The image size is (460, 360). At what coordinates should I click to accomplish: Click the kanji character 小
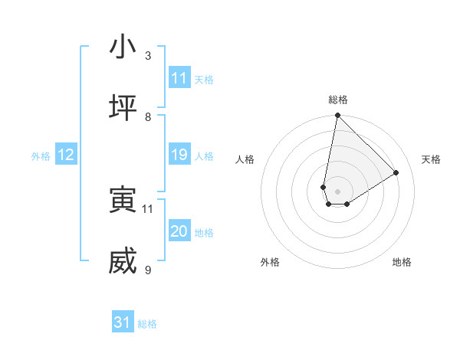point(123,47)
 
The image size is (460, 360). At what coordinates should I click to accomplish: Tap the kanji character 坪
point(123,108)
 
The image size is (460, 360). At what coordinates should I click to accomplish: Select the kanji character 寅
point(123,201)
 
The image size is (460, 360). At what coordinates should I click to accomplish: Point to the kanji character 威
point(123,262)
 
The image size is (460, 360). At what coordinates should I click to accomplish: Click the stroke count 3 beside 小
point(148,55)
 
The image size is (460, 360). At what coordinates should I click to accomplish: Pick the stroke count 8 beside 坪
point(148,116)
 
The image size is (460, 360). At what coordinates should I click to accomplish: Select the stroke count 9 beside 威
point(148,270)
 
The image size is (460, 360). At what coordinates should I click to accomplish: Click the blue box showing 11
point(179,78)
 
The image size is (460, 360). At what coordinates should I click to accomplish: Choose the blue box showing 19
point(179,155)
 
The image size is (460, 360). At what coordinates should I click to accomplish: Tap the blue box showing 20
point(179,231)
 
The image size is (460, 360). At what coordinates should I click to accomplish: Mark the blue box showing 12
point(66,155)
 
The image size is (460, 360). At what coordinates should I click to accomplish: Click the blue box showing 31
point(123,323)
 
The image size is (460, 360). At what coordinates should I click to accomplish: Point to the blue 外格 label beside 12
point(41,156)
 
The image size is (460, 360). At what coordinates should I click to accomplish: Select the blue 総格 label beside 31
point(147,324)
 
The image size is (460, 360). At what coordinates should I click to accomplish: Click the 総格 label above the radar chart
point(337,100)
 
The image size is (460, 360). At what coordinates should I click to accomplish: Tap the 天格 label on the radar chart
point(431,159)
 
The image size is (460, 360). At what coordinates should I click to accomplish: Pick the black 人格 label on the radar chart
point(245,159)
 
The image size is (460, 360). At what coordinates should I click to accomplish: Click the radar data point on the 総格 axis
point(337,116)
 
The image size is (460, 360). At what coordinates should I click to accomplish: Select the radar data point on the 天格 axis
point(396,173)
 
